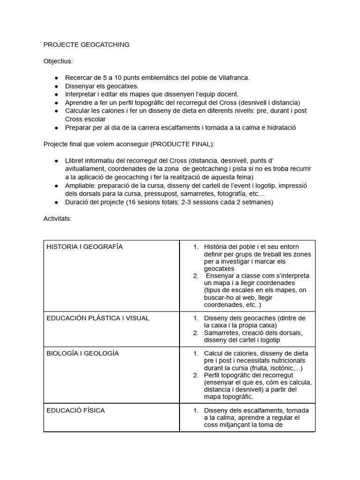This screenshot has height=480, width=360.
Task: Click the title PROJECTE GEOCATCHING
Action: pos(86,45)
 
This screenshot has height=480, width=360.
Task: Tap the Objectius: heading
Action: pos(58,61)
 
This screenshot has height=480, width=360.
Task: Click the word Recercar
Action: pos(80,77)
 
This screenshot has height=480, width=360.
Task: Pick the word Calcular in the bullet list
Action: pos(79,111)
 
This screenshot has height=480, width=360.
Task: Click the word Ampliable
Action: pos(81,185)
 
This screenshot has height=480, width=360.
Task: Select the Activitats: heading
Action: pos(57,218)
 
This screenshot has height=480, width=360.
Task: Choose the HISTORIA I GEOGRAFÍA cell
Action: pos(84,247)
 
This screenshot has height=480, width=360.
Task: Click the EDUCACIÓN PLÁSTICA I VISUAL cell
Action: pos(98,318)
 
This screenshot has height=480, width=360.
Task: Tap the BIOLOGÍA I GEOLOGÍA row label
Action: pos(82,353)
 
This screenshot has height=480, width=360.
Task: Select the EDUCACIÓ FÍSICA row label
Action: pos(75,411)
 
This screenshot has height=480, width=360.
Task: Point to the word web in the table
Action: pos(247,297)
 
